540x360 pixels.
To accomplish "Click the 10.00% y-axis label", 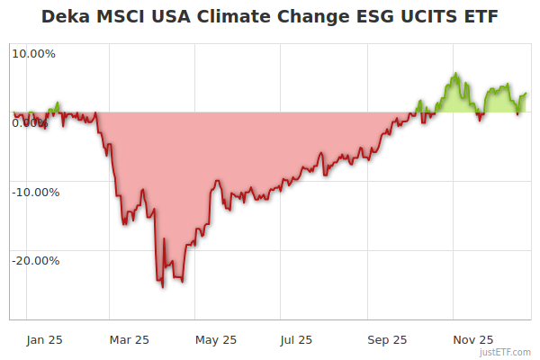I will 33,53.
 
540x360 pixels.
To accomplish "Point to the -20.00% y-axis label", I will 35,261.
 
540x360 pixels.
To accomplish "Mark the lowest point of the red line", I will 163,287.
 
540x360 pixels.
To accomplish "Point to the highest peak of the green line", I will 455,74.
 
